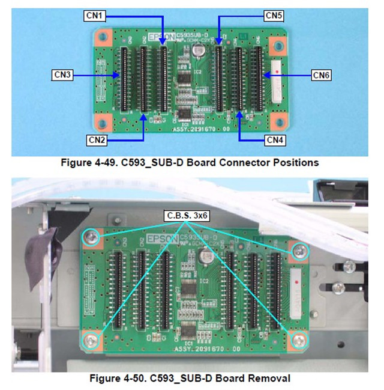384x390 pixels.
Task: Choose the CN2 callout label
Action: point(97,139)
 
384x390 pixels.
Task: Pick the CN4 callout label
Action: point(274,139)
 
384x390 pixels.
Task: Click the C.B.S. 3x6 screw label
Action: point(187,215)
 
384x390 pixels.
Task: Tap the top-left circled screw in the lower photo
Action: point(91,239)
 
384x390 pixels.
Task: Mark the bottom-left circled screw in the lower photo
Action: point(91,340)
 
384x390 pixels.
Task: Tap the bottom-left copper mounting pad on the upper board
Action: point(103,124)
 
